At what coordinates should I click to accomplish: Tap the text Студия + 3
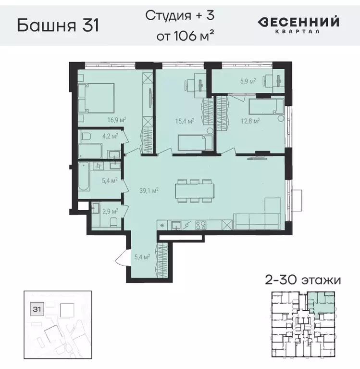179,15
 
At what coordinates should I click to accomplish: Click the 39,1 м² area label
149,190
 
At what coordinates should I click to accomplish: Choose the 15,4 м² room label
185,121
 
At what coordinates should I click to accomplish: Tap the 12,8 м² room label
250,121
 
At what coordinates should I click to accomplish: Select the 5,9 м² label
248,81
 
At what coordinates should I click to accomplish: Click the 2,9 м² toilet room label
110,211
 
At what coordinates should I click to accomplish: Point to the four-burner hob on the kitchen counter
202,224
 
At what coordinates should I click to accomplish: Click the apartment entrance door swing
121,263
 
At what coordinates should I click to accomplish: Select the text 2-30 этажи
303,280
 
